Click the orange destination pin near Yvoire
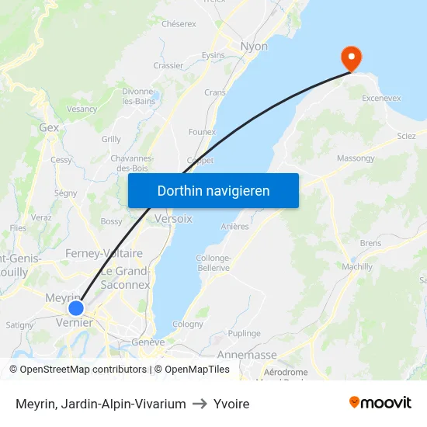coord(352,57)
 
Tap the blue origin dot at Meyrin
coord(75,307)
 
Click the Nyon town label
coord(254,47)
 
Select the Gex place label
coord(49,127)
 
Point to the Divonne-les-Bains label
coord(139,95)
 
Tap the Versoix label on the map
coord(173,218)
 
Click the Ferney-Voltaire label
coord(104,254)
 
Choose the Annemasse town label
coord(247,355)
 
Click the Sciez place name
coord(406,136)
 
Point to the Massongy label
coord(356,158)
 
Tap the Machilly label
coord(357,267)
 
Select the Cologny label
coord(188,325)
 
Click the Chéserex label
coord(179,24)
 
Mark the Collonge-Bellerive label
coord(213,262)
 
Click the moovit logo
coord(380,402)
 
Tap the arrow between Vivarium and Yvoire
coord(200,404)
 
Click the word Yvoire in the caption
coord(231,404)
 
